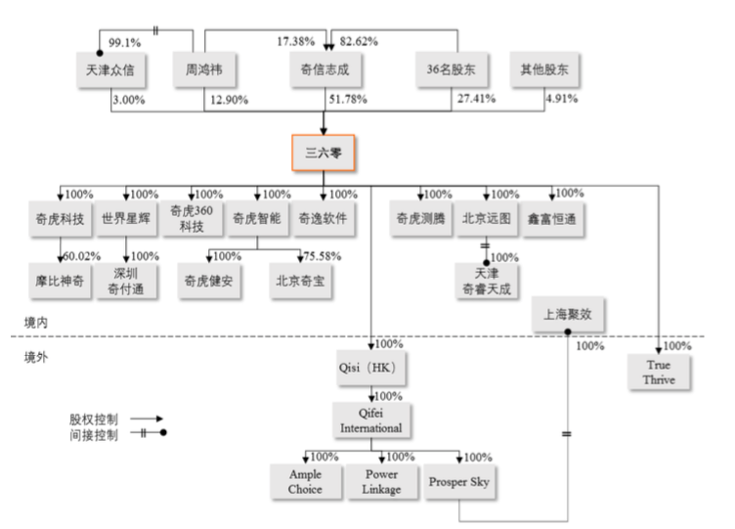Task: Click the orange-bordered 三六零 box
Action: coord(323,153)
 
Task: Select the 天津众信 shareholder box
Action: coord(109,69)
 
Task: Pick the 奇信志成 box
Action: coord(325,69)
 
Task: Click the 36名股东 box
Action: coord(452,69)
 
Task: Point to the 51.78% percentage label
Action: coord(348,99)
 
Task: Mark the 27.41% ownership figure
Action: coord(476,99)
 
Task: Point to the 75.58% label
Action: coord(321,256)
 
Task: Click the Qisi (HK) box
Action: coord(370,371)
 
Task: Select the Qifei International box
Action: coord(370,420)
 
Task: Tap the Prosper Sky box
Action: coord(459,481)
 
